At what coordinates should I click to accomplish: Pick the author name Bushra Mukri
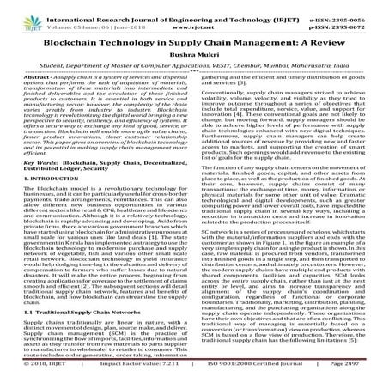click(194, 53)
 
